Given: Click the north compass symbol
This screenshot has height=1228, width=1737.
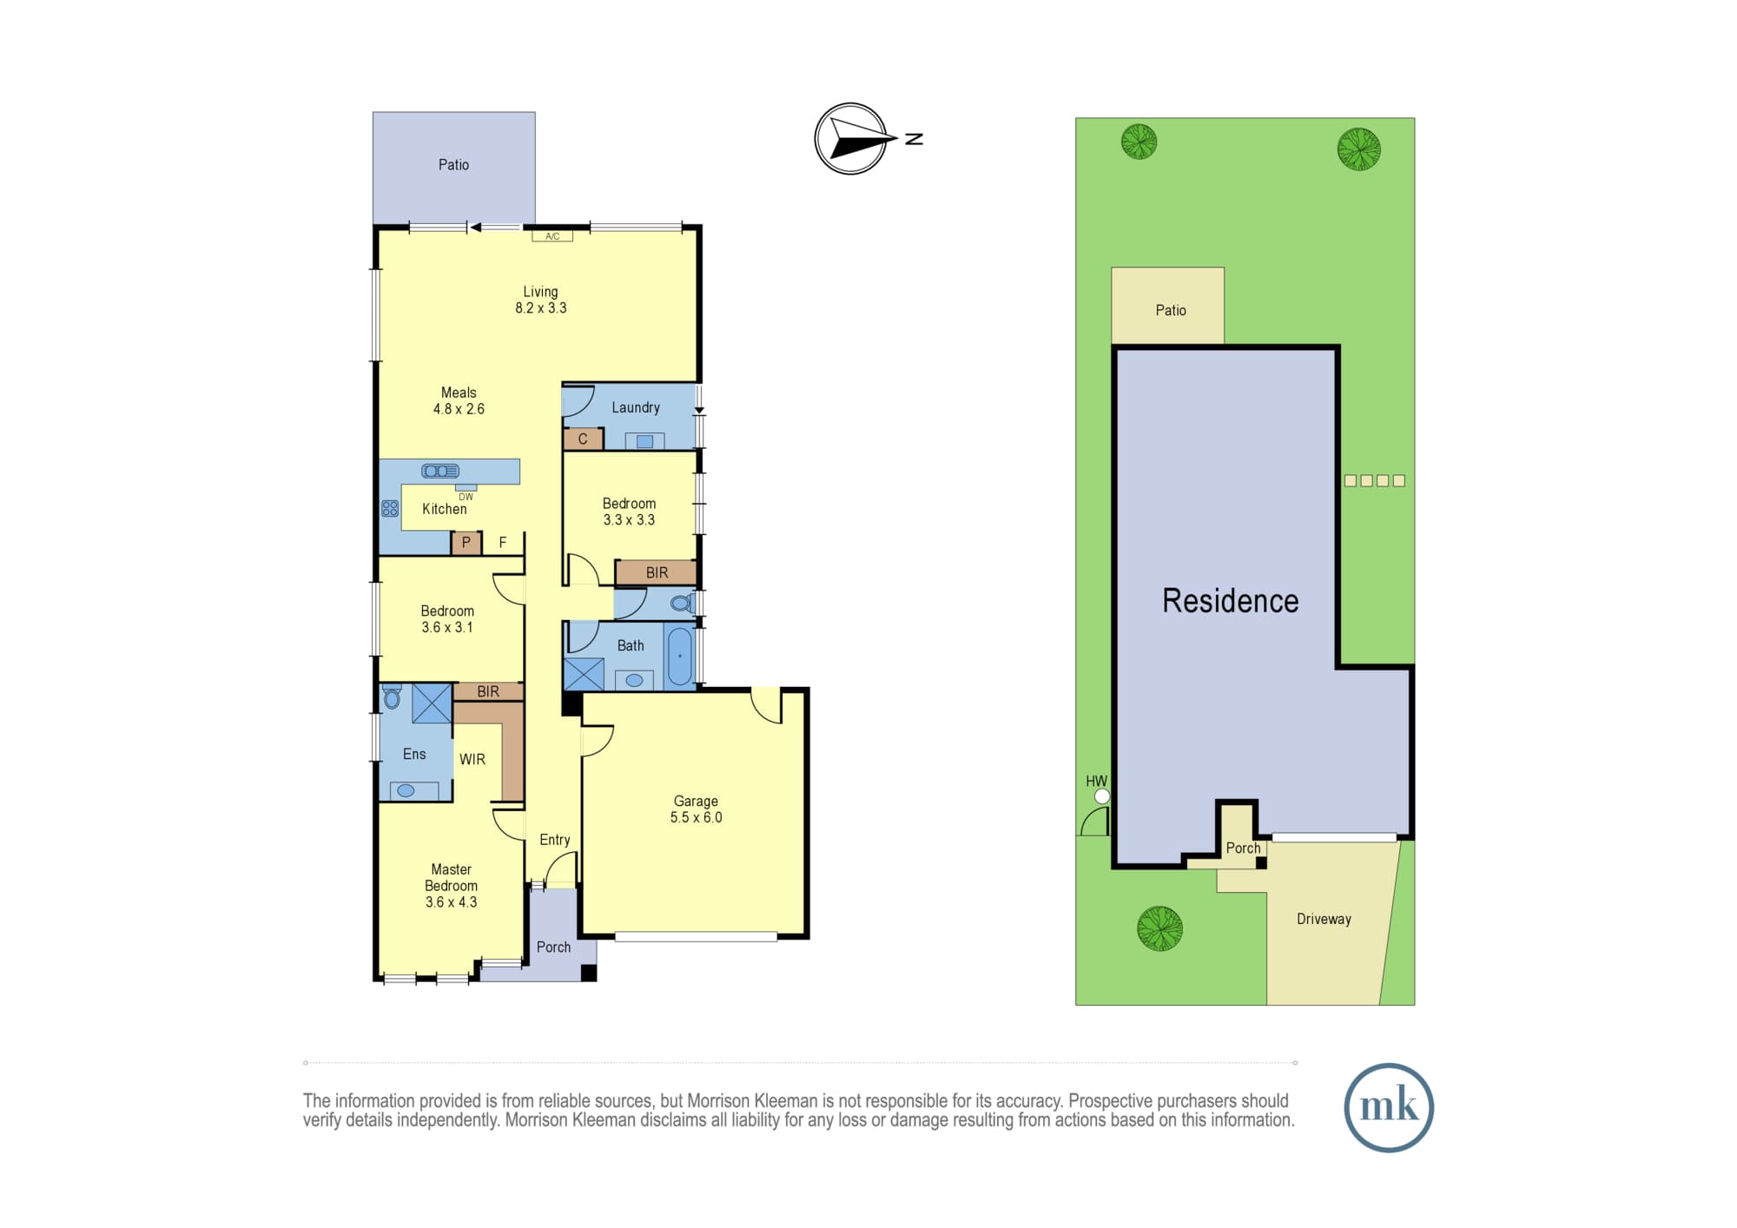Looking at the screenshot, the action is point(851,139).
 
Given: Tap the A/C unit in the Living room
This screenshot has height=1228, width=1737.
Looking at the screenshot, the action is point(552,236).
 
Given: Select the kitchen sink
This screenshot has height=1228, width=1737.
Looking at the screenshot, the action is point(440,471).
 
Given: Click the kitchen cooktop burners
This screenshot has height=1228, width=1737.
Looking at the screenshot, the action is point(390,509).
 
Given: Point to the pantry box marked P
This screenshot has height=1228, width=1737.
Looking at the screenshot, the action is point(466,543).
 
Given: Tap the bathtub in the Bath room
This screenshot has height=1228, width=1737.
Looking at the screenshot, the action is point(679,656).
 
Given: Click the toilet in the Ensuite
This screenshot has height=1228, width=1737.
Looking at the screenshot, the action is point(393,697).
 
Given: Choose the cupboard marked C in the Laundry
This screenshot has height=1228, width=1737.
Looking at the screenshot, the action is point(583,439).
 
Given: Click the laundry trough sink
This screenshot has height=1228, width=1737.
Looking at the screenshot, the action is point(644,441).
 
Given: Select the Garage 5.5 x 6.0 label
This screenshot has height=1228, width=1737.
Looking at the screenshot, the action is point(696,809).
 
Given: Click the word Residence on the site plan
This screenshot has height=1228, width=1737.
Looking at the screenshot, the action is point(1231,601).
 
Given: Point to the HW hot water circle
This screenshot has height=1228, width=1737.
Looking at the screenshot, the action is point(1102,796).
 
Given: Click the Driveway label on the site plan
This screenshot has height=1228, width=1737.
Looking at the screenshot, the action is point(1324,919).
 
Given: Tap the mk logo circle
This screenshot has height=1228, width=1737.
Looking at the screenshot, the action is point(1389,1107).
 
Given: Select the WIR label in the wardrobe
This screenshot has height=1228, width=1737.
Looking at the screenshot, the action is point(472,759).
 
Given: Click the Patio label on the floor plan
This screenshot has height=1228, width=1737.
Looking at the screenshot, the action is point(453,165).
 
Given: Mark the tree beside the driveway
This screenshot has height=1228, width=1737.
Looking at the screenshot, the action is point(1159,928).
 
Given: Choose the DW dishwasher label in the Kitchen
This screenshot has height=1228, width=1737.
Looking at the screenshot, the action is point(466,497).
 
